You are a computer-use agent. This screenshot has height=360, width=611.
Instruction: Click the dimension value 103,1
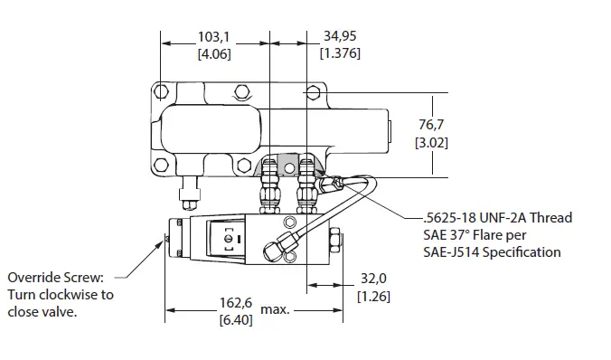[x=215, y=38]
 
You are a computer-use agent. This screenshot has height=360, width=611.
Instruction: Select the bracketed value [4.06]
[x=215, y=54]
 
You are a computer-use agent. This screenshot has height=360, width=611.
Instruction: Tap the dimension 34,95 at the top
[x=341, y=38]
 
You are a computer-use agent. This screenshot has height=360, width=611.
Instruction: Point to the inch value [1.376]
[x=341, y=54]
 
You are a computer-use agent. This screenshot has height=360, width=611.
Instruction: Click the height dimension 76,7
[x=431, y=126]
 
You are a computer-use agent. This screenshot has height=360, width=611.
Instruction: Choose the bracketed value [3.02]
[x=431, y=143]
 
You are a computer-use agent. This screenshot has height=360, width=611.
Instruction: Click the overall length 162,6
[x=237, y=302]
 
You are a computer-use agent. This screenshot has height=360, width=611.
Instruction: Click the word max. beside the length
[x=275, y=310]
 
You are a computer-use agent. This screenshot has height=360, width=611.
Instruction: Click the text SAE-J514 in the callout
[x=452, y=252]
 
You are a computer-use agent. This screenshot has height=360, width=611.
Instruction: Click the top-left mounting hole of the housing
[x=161, y=90]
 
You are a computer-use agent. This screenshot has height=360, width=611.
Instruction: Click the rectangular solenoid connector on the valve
[x=227, y=239]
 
